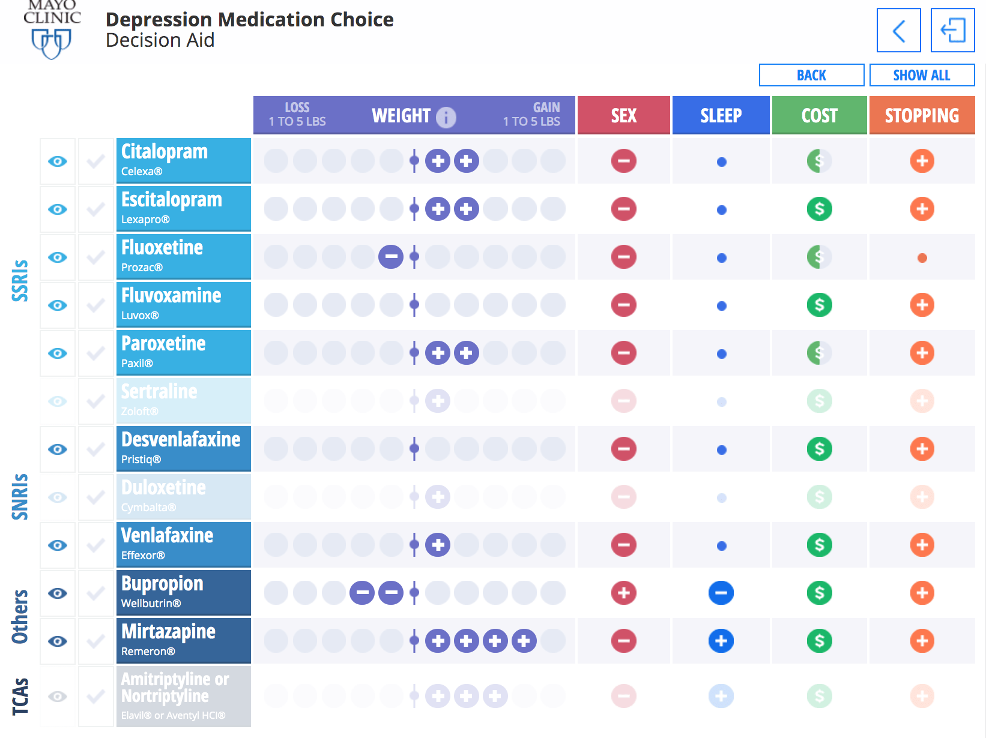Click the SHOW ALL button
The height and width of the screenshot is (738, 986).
point(921,76)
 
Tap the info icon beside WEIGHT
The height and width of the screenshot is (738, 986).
point(446,116)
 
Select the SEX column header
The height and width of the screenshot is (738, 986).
point(623,115)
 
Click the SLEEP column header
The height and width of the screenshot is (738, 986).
point(721,115)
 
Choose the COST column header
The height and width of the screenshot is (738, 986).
point(819,115)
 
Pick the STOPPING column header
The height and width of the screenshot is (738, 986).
point(922,115)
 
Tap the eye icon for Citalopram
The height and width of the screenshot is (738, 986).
point(58,161)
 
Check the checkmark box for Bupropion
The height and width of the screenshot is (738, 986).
point(96,593)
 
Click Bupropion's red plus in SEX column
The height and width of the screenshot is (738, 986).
point(623,593)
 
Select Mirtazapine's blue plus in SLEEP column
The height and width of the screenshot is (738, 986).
point(721,641)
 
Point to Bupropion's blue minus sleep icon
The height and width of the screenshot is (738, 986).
point(721,593)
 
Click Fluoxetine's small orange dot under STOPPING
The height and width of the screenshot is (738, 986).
point(922,258)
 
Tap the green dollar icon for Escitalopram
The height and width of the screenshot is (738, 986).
point(819,209)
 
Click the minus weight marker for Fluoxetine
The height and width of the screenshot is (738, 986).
point(391,257)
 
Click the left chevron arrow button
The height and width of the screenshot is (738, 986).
point(898,30)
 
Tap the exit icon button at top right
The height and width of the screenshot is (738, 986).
point(952,30)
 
